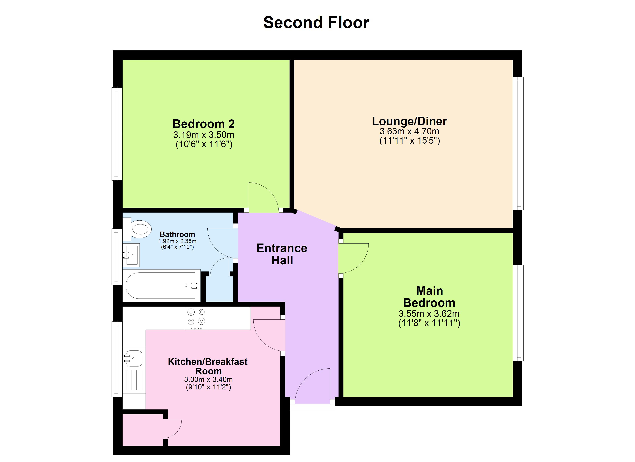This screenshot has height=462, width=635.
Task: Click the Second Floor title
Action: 316,23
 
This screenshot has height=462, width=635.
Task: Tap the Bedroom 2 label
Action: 204,124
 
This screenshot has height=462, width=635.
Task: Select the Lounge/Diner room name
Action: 409,121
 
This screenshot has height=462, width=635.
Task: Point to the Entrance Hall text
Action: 282,254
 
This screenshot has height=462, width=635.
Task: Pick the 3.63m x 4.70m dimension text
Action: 409,131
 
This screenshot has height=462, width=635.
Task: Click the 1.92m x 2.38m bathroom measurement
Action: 177,241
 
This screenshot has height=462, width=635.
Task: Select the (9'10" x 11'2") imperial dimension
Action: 208,387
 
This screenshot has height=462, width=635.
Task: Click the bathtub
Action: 161,285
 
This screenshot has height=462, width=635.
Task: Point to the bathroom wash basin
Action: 132,254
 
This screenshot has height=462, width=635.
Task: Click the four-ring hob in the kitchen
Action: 196,318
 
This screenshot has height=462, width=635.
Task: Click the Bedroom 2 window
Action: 117,134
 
